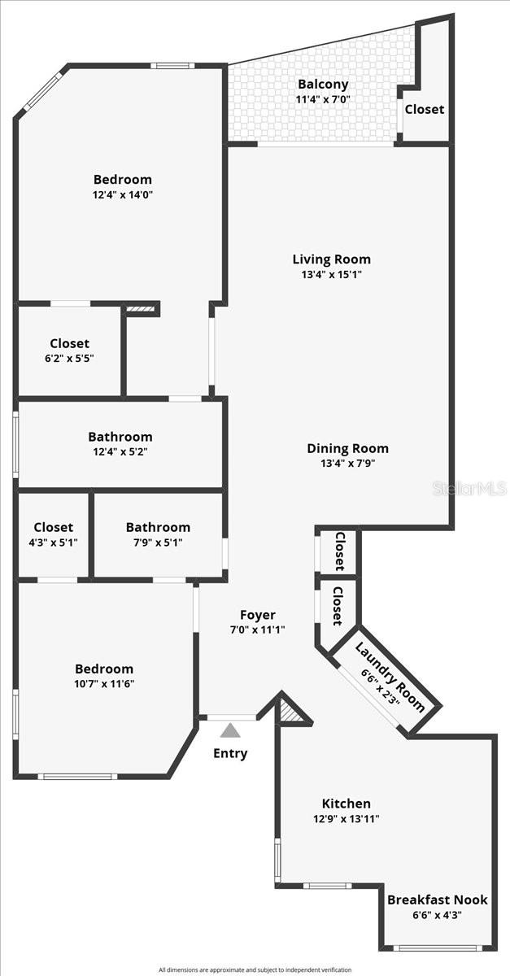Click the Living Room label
click(331, 259)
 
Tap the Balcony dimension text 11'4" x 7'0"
click(323, 100)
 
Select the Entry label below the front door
click(230, 753)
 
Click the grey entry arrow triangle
click(230, 730)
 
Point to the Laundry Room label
click(390, 677)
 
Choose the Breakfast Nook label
click(437, 900)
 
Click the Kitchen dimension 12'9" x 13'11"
click(346, 819)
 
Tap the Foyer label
click(257, 615)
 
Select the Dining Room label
click(347, 448)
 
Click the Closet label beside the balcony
click(425, 109)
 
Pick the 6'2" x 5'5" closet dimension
click(69, 359)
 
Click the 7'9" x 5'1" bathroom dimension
click(158, 542)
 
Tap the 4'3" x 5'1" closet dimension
click(53, 542)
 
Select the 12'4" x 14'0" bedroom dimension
click(122, 194)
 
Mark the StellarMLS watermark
click(469, 488)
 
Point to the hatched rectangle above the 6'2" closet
click(139, 309)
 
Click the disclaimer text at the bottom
click(255, 969)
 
